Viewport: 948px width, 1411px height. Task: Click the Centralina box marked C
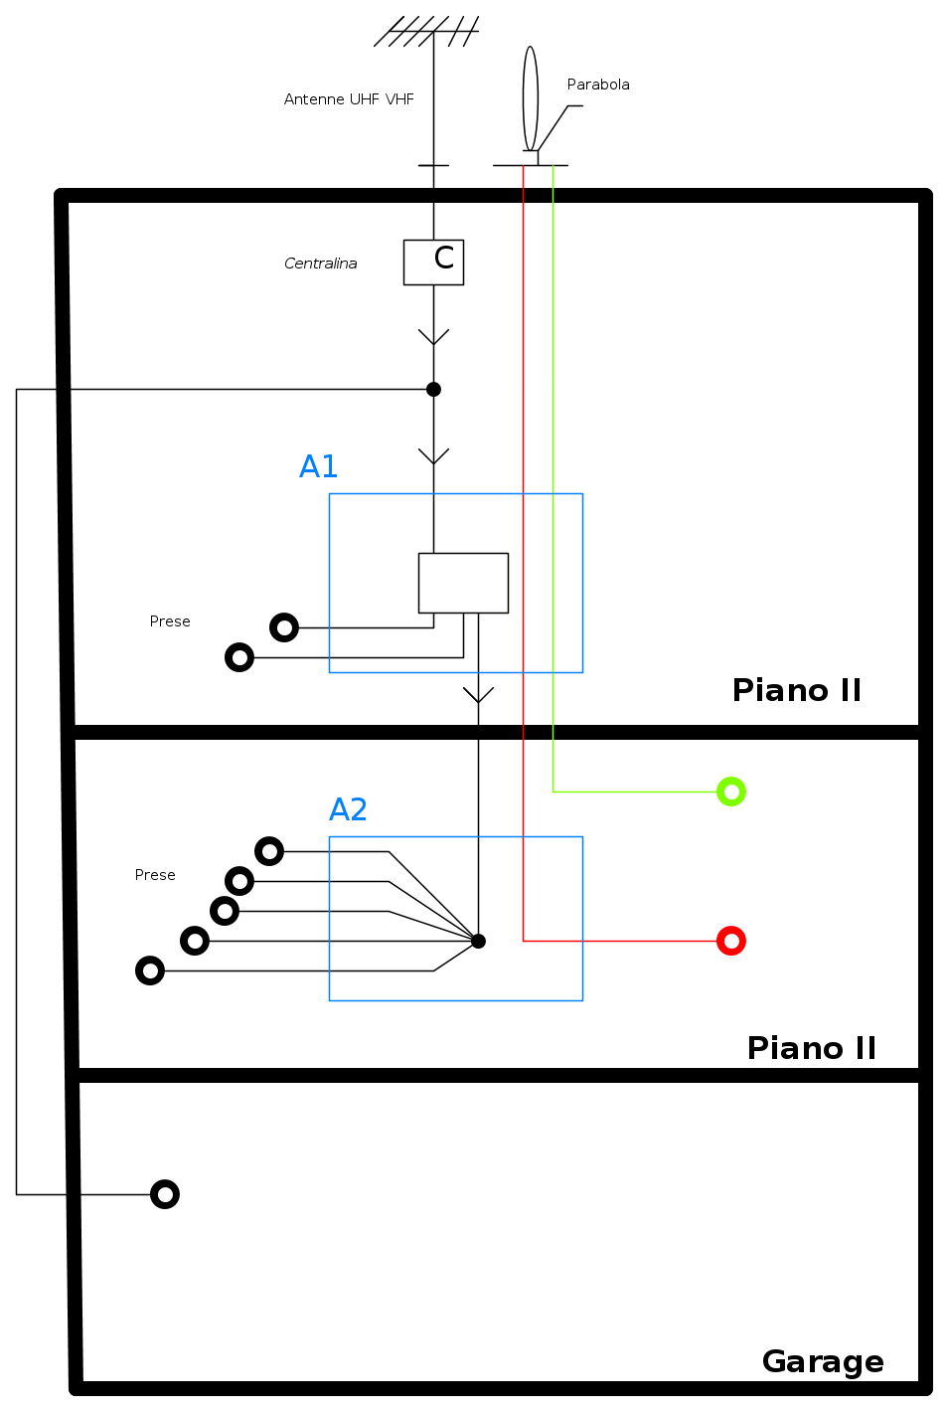point(433,262)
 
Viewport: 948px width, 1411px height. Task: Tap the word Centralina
point(320,264)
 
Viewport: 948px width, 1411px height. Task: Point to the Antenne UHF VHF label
point(349,99)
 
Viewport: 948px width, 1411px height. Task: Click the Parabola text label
point(598,85)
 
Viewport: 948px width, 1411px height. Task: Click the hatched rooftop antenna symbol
point(428,31)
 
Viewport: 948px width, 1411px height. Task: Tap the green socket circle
point(731,792)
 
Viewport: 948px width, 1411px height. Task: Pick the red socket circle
point(731,941)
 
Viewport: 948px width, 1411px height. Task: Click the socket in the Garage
point(165,1194)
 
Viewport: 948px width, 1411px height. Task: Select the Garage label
point(823,1361)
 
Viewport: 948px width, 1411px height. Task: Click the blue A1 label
point(319,466)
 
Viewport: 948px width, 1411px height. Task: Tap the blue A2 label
point(348,809)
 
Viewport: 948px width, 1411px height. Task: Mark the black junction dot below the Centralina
point(433,389)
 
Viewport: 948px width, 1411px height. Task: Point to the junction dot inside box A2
point(478,941)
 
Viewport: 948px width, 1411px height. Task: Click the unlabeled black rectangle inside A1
point(463,583)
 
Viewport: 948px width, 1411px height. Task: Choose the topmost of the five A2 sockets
point(269,851)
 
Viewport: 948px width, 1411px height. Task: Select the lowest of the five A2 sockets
point(150,970)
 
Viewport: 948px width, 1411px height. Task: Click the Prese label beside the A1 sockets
point(170,621)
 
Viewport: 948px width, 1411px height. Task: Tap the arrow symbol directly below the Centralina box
point(433,337)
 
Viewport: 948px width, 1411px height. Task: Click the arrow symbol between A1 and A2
point(478,694)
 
